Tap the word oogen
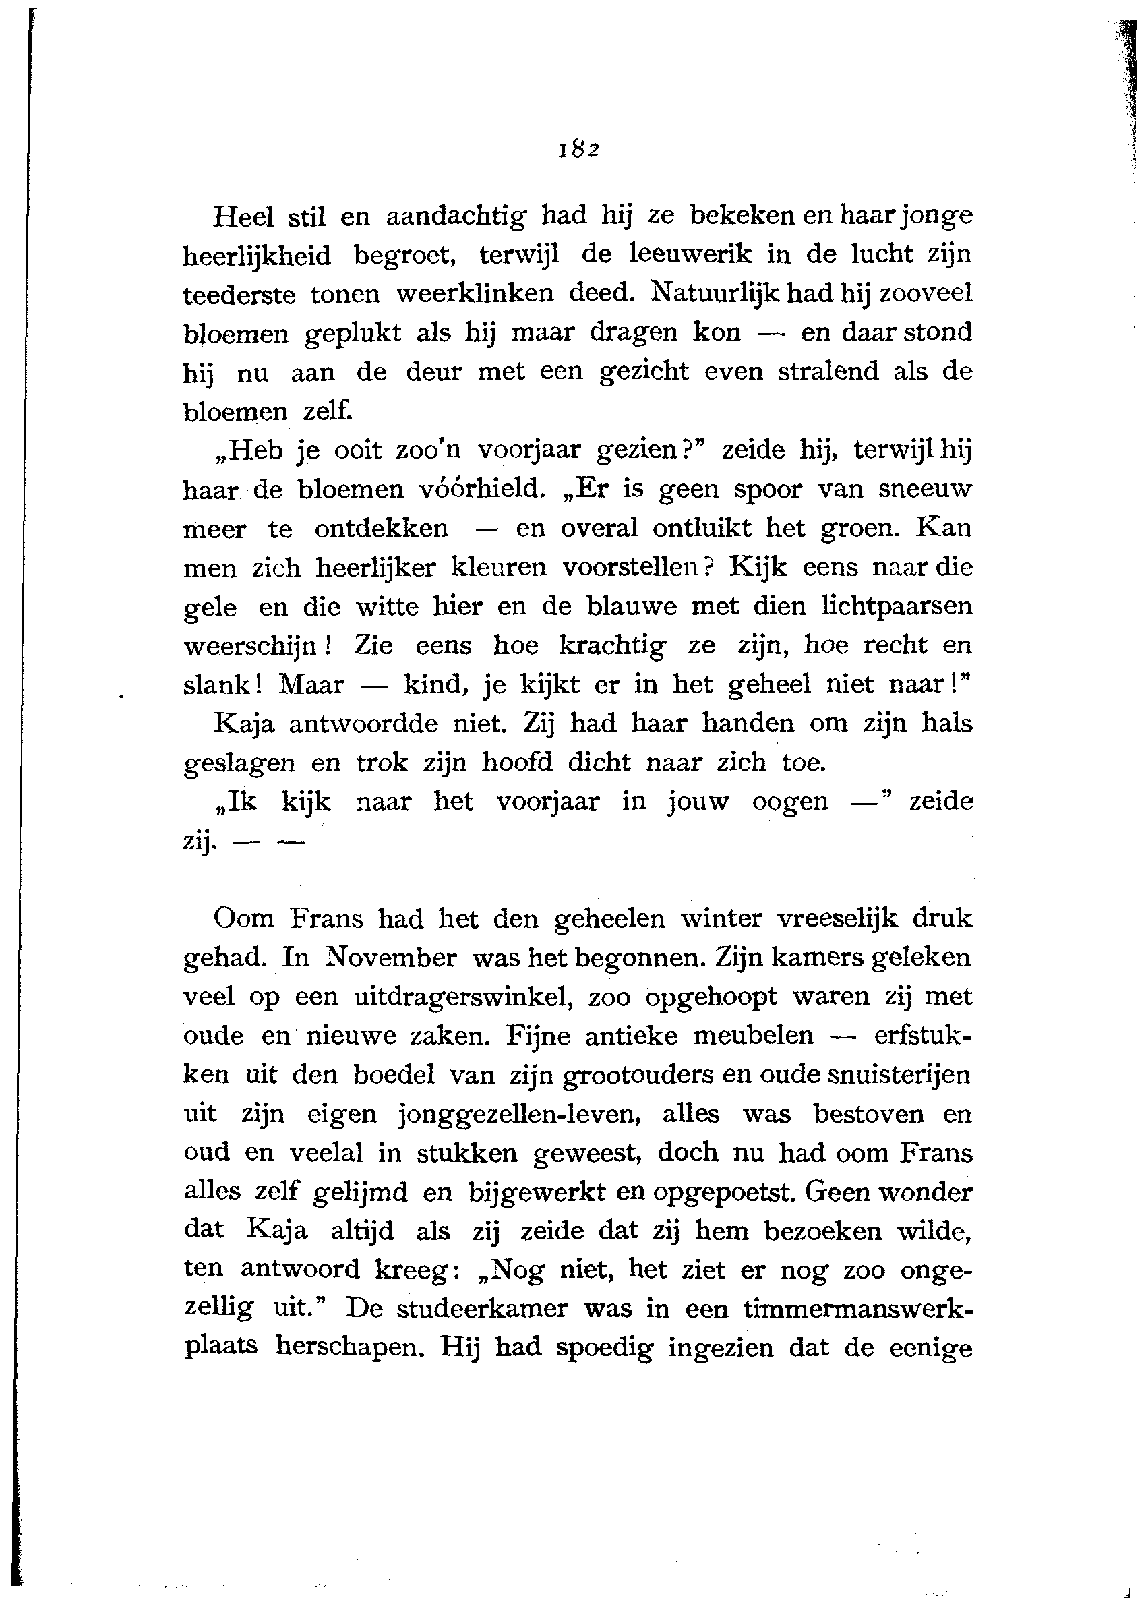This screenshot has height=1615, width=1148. [789, 802]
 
